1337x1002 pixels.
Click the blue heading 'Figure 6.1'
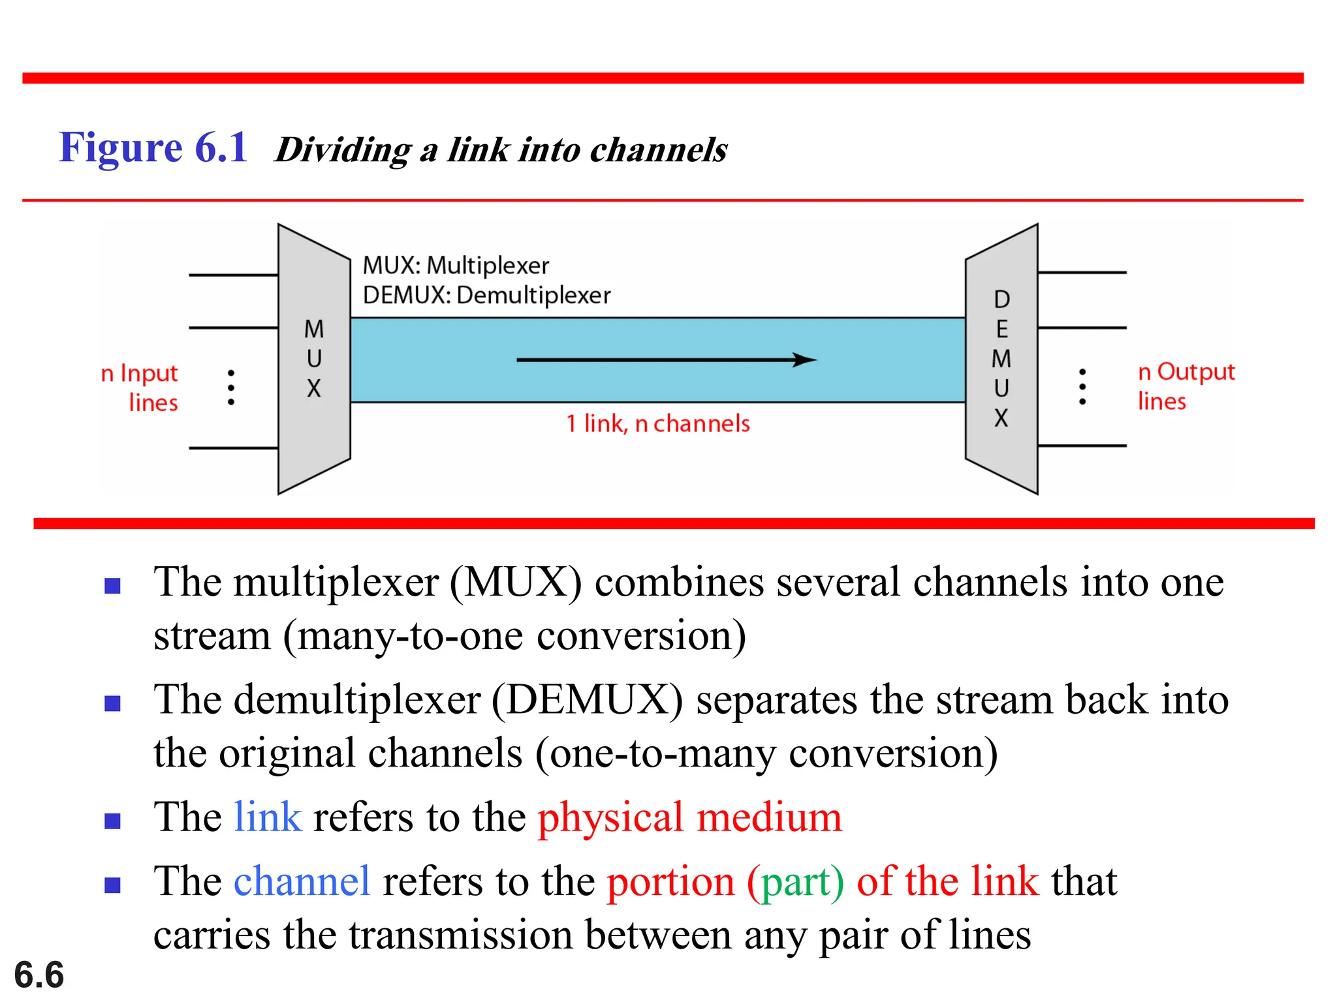[153, 147]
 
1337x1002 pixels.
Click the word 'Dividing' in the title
[343, 150]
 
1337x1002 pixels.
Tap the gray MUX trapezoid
[314, 359]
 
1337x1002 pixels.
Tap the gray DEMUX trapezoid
[1001, 359]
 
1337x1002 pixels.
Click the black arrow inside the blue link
[666, 359]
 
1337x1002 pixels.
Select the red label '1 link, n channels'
[657, 424]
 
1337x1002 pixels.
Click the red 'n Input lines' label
[140, 387]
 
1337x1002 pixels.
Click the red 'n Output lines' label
[1186, 386]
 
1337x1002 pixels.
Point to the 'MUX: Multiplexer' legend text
[456, 266]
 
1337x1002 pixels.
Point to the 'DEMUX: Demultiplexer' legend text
[486, 296]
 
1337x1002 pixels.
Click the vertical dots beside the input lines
[231, 387]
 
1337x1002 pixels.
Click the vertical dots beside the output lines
[1082, 386]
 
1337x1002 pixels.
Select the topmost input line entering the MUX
[233, 275]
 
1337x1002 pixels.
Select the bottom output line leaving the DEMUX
[1082, 446]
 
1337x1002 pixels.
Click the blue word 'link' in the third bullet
[268, 817]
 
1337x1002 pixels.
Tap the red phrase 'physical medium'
[689, 817]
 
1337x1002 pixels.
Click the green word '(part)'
[795, 882]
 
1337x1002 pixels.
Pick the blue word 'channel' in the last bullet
[302, 882]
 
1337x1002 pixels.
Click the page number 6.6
[39, 975]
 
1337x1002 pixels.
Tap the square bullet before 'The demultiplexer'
[113, 703]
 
